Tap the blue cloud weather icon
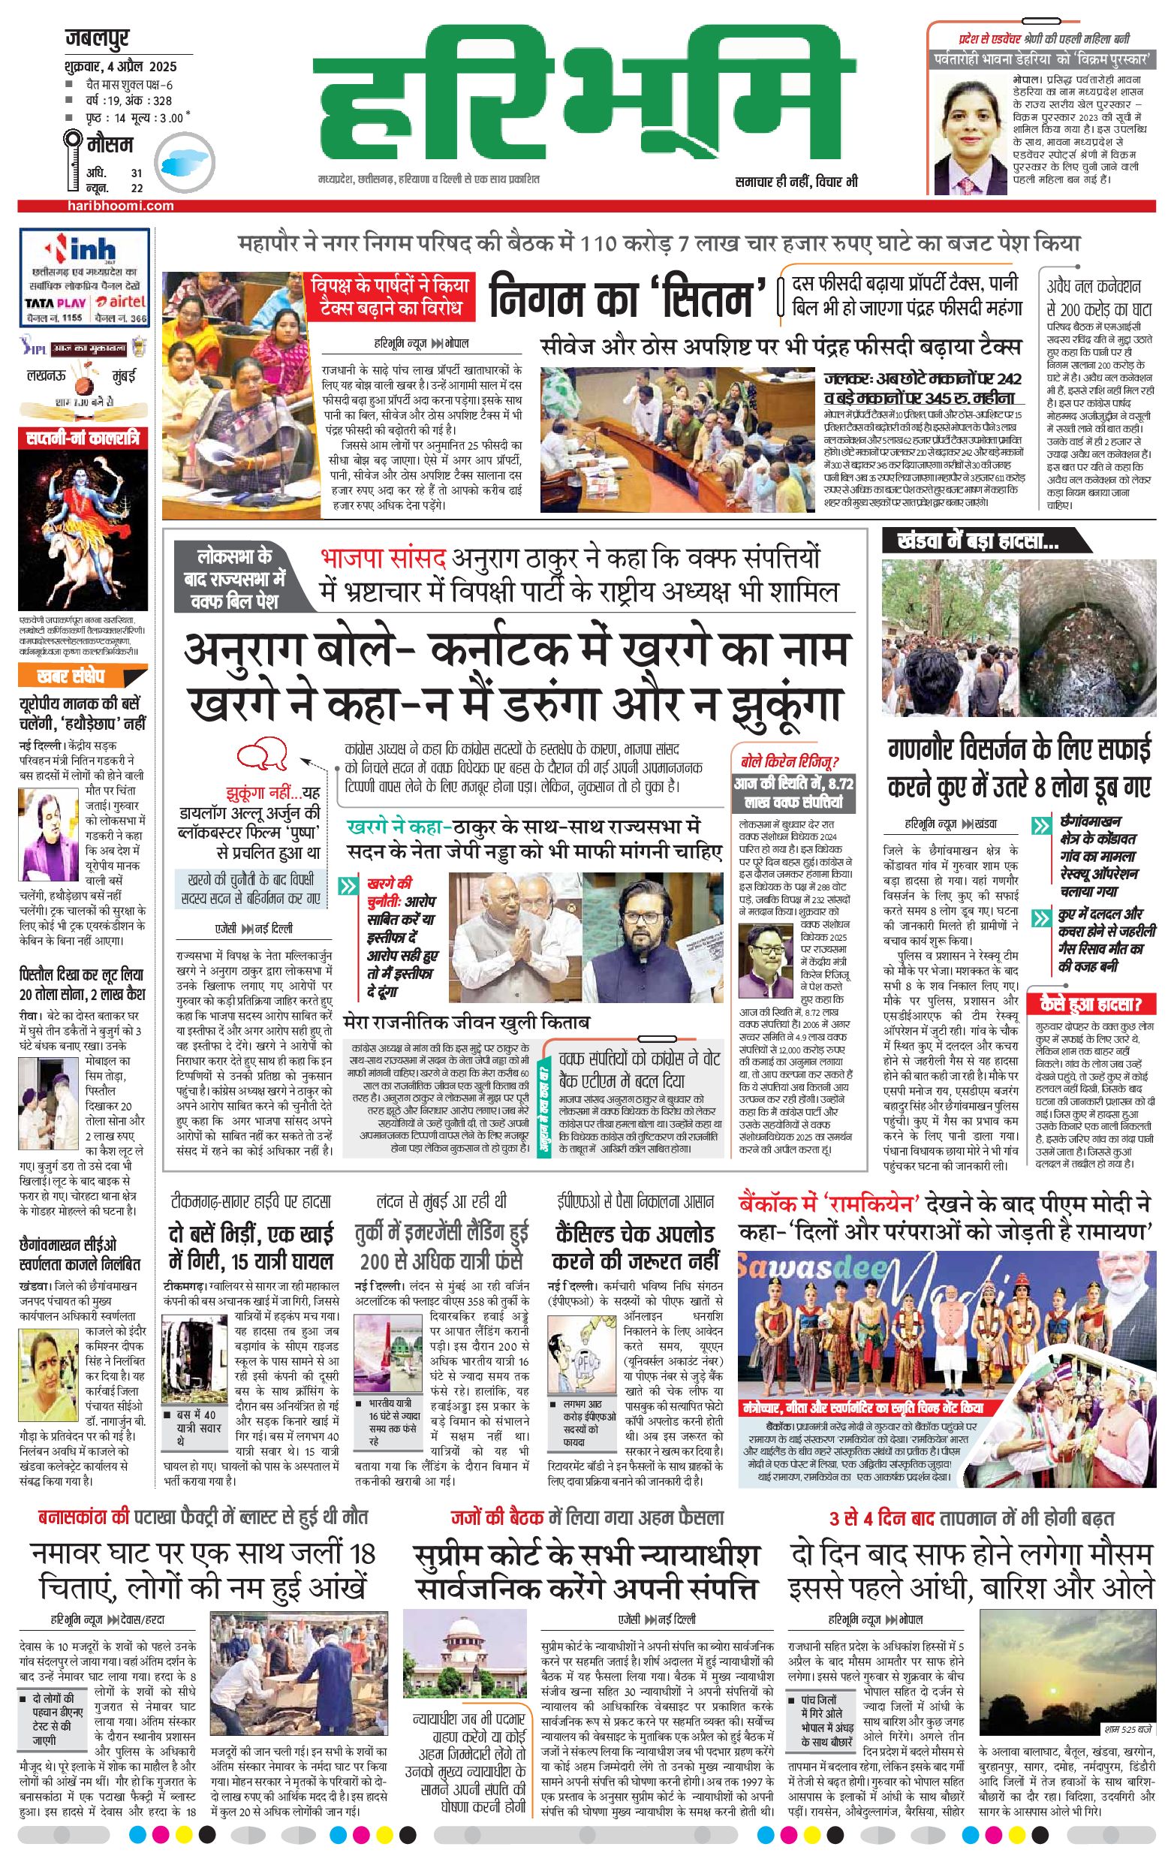pos(183,160)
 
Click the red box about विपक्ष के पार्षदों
pos(390,296)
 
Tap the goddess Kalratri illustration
pos(83,529)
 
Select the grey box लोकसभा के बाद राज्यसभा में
pos(234,577)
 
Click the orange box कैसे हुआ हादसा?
pos(1091,1004)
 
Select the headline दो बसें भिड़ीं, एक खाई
pos(251,1246)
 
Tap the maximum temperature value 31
pos(137,173)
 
